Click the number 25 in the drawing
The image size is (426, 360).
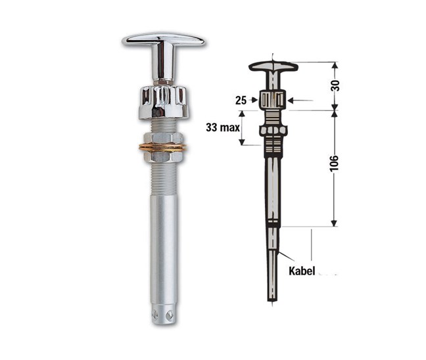click(x=241, y=101)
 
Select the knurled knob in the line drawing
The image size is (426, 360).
click(x=272, y=101)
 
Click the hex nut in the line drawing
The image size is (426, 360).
click(x=272, y=130)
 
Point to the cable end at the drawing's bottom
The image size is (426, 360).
click(x=273, y=289)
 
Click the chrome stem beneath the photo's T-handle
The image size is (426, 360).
click(x=162, y=66)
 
